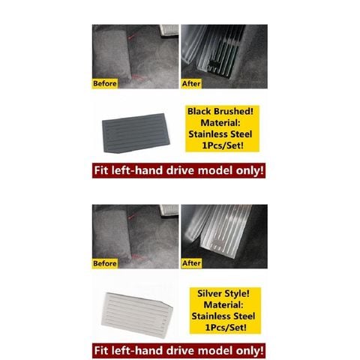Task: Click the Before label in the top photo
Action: point(105,83)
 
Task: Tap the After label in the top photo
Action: point(191,83)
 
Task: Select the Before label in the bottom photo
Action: point(105,263)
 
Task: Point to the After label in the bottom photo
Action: point(191,263)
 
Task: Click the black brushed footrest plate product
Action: point(136,133)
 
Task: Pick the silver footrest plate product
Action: point(136,315)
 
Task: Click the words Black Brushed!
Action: point(220,112)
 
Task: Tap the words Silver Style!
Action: point(223,293)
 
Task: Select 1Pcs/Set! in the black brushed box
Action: point(223,145)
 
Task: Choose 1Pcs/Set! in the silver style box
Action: point(226,328)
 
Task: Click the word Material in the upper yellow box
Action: point(220,123)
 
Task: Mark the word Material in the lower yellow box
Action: point(223,304)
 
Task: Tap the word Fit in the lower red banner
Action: point(101,351)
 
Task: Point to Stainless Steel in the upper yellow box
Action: point(220,134)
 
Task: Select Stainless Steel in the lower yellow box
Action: point(223,316)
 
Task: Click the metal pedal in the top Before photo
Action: point(169,30)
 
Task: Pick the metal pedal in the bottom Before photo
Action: point(169,210)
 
